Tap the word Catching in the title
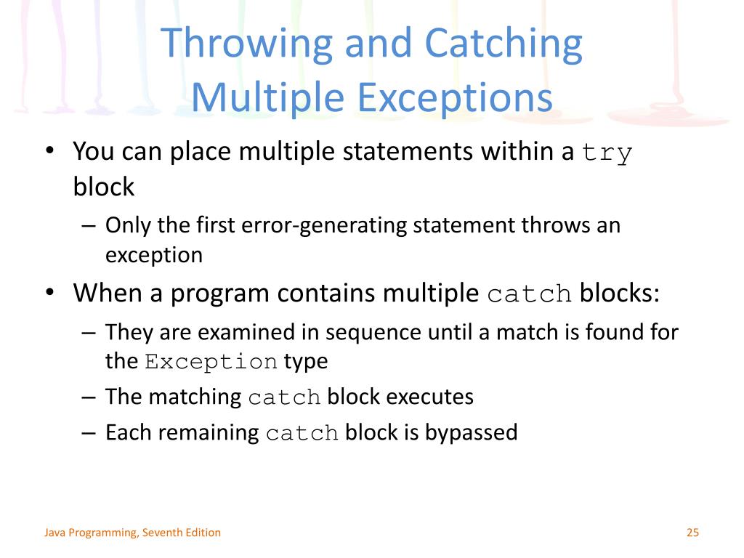(504, 44)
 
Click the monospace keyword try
(607, 153)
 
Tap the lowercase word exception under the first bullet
(154, 255)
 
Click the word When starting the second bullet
(112, 294)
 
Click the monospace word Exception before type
(211, 362)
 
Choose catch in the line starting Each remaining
(302, 433)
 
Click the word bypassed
(471, 433)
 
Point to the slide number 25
(692, 533)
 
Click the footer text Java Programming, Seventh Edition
(132, 533)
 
